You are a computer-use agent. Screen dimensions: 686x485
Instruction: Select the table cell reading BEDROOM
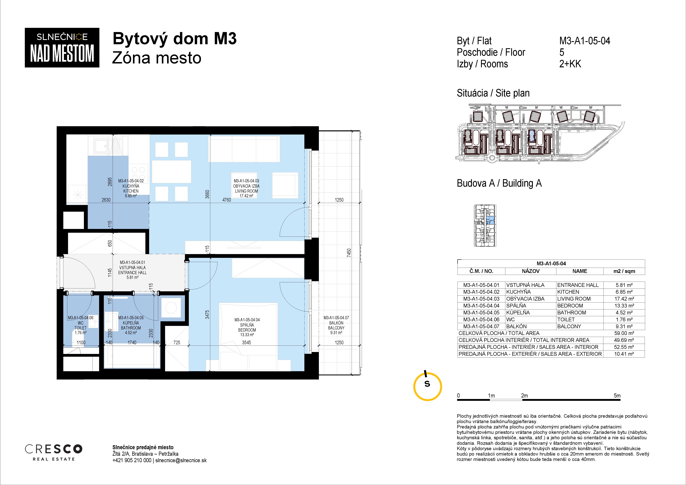tap(570, 306)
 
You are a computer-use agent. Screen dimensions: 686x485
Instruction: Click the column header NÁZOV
tap(531, 271)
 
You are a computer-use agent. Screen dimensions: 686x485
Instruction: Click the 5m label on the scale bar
tap(617, 395)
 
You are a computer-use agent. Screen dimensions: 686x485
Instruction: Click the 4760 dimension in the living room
tap(226, 200)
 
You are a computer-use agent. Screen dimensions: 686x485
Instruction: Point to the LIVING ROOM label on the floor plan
tap(246, 191)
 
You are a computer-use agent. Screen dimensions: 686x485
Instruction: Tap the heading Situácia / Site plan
tap(493, 93)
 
